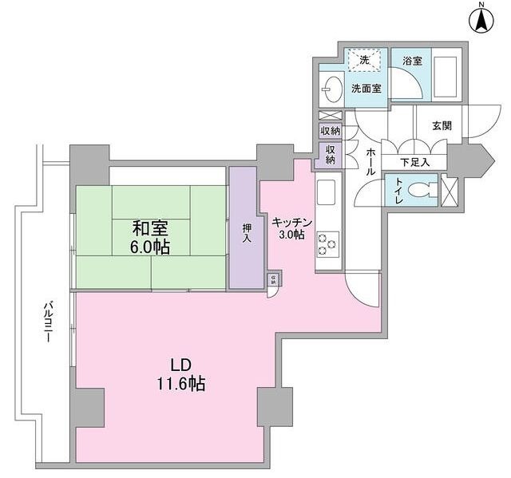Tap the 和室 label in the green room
(x=149, y=227)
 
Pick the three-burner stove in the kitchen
(x=328, y=244)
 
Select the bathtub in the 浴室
(x=446, y=77)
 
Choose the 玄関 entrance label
(x=442, y=125)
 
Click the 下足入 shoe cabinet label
(x=414, y=162)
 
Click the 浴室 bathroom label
(x=412, y=60)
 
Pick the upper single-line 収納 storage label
(x=329, y=131)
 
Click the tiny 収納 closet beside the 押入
(x=272, y=279)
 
